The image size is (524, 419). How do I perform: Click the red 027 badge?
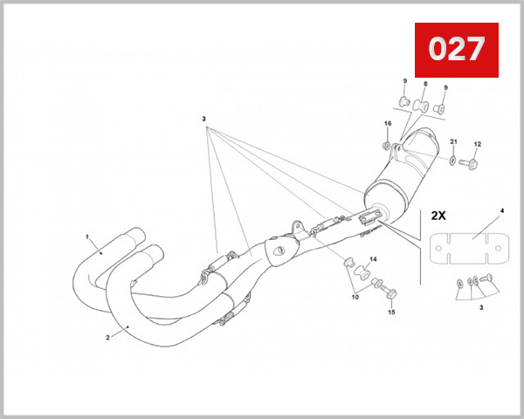click(455, 51)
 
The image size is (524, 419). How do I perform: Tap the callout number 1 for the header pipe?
click(87, 237)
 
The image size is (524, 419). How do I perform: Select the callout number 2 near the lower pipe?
click(107, 337)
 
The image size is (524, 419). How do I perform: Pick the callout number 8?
click(425, 85)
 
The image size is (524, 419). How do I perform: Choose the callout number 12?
click(477, 144)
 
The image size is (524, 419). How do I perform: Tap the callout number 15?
click(391, 312)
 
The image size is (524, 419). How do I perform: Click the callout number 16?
click(388, 123)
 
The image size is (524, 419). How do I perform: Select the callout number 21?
click(453, 141)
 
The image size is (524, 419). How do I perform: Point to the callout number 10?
click(355, 298)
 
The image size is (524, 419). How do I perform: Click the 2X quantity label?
click(437, 214)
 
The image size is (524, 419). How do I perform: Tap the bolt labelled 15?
click(390, 292)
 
